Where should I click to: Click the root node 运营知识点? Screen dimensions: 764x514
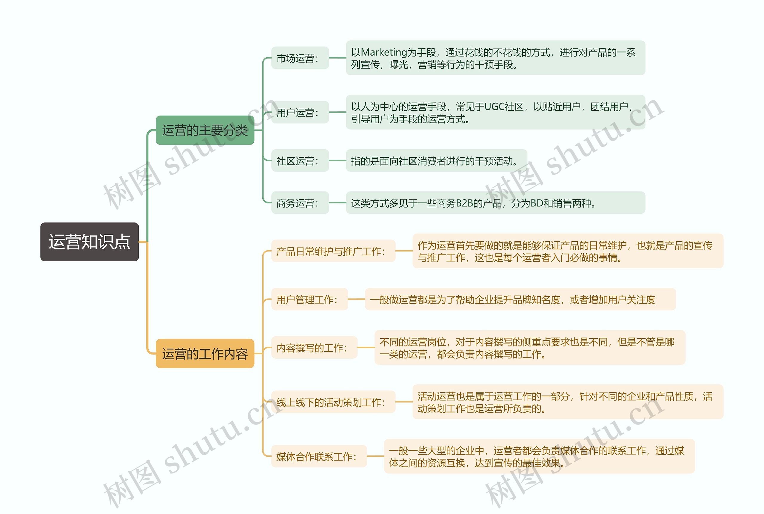(x=90, y=242)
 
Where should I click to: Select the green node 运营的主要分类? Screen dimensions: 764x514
(x=205, y=130)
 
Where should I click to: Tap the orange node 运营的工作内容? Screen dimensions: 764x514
(x=205, y=354)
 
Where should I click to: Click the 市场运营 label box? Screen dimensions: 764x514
(x=300, y=58)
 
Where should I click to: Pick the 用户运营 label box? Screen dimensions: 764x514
(x=300, y=112)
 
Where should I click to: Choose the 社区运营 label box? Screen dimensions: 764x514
(x=300, y=161)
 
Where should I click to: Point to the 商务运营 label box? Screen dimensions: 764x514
(x=300, y=203)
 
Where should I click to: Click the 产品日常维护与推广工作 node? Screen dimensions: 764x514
(x=333, y=251)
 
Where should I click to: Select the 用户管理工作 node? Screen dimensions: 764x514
(x=309, y=299)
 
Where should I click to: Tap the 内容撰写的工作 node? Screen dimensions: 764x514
(x=314, y=347)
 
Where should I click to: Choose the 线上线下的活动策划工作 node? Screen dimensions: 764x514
(x=333, y=402)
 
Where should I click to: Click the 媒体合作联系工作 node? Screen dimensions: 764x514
(x=319, y=456)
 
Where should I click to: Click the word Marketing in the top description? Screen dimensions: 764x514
(x=383, y=52)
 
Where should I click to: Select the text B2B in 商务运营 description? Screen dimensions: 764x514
(x=464, y=203)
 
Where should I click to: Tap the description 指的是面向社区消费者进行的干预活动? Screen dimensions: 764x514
(x=436, y=161)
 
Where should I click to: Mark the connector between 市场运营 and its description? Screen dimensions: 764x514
(x=337, y=58)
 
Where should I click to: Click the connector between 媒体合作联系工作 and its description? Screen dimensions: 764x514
(x=375, y=456)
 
